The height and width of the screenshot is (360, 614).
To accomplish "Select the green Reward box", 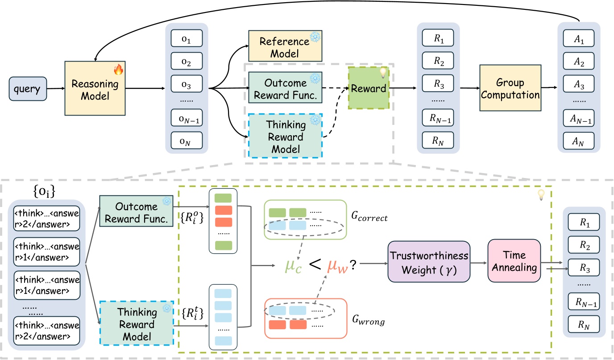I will click(369, 88).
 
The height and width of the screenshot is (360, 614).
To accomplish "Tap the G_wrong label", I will click(369, 320).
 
